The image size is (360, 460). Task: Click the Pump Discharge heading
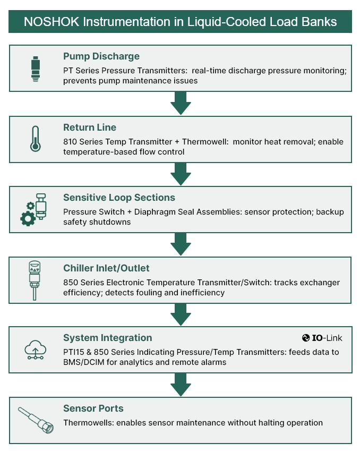click(101, 56)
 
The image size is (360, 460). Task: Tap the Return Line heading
click(90, 127)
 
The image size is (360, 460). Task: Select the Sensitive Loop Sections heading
click(119, 198)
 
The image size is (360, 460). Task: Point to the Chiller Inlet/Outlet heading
click(106, 268)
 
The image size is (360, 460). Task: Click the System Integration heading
click(107, 338)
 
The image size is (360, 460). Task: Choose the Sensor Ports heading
click(93, 408)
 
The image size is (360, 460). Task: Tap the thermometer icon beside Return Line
click(36, 139)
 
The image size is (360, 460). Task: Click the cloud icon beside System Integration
click(36, 350)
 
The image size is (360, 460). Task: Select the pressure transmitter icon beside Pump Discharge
click(36, 69)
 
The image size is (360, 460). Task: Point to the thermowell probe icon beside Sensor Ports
click(36, 420)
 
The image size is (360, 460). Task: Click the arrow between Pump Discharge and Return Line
click(181, 103)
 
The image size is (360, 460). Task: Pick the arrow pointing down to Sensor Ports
click(181, 385)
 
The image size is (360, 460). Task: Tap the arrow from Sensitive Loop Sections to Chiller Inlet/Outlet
click(181, 244)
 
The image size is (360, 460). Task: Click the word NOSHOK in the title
click(50, 22)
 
